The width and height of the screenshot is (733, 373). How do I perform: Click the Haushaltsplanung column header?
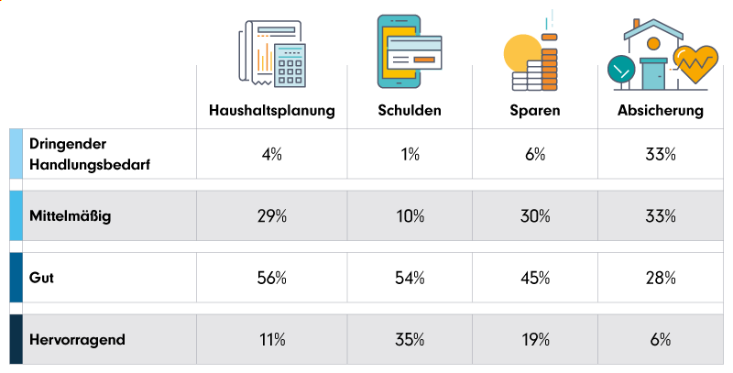(x=271, y=111)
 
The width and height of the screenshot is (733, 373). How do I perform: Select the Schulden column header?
(x=410, y=111)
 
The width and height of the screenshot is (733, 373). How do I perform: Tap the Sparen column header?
(x=535, y=111)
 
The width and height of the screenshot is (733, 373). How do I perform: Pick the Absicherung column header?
(x=660, y=111)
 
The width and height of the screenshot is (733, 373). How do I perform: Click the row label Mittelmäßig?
(x=71, y=217)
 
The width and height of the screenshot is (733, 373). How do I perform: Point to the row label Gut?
(x=41, y=277)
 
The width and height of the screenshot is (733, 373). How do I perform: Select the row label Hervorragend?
(x=77, y=339)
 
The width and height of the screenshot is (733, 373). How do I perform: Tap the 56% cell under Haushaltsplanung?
(x=271, y=277)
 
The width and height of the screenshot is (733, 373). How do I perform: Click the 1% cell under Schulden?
(x=410, y=155)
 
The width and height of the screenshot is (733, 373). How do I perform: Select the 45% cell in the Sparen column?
(x=535, y=277)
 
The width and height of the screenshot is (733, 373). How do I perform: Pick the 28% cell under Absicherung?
(x=660, y=277)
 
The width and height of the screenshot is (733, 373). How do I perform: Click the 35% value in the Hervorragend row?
(x=410, y=339)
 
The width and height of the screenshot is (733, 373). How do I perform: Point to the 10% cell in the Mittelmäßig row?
(x=410, y=217)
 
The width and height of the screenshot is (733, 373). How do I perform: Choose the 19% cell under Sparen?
(x=535, y=339)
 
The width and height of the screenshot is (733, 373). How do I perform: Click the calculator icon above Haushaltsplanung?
(x=290, y=64)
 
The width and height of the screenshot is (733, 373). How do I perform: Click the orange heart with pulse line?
(x=695, y=63)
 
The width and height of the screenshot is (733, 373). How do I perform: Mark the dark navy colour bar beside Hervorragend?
(x=16, y=339)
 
